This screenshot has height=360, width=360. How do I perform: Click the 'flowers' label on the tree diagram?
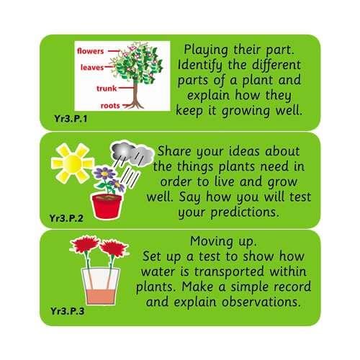(92, 51)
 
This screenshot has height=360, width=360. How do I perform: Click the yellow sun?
(72, 163)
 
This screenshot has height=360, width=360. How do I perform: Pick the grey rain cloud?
(132, 154)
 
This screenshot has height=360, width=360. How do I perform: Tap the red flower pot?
(106, 207)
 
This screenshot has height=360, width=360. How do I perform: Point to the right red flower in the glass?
(114, 249)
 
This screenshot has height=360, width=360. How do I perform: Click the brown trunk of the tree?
(133, 90)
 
